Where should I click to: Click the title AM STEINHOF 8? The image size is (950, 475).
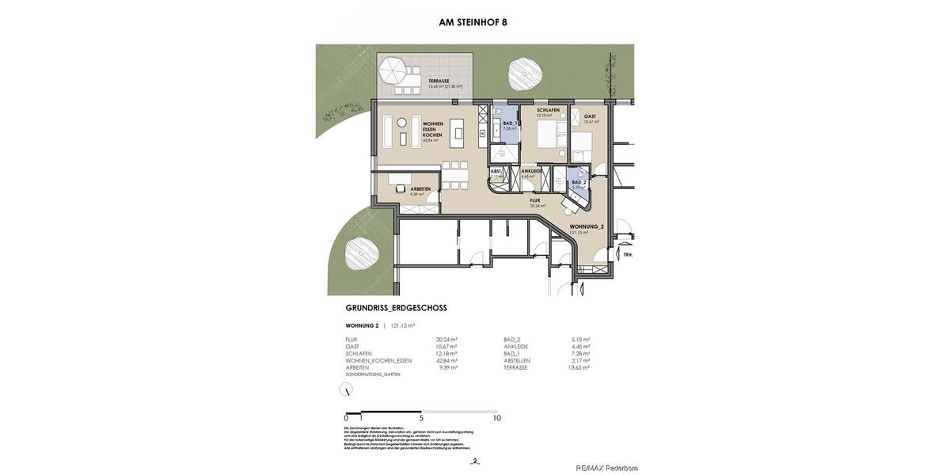pyautogui.click(x=473, y=22)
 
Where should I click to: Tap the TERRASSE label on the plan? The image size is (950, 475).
pyautogui.click(x=439, y=81)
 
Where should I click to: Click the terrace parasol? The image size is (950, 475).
pyautogui.click(x=392, y=71)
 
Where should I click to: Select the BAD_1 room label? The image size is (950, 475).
pyautogui.click(x=510, y=123)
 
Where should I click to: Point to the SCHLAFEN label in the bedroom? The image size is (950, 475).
pyautogui.click(x=548, y=110)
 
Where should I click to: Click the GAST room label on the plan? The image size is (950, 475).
pyautogui.click(x=590, y=116)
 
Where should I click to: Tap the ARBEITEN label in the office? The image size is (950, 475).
pyautogui.click(x=420, y=188)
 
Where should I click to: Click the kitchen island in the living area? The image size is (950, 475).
pyautogui.click(x=457, y=132)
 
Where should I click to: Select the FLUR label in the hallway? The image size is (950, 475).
pyautogui.click(x=535, y=200)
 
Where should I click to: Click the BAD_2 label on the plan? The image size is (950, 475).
pyautogui.click(x=579, y=182)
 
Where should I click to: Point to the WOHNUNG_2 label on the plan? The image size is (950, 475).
pyautogui.click(x=587, y=226)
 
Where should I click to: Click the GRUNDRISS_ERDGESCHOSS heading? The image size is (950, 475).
pyautogui.click(x=396, y=308)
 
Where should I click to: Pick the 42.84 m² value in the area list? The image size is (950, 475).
pyautogui.click(x=446, y=360)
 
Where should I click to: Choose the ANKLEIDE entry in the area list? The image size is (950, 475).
pyautogui.click(x=516, y=346)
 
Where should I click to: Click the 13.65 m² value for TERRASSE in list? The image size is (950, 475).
pyautogui.click(x=579, y=367)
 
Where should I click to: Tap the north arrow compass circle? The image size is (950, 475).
pyautogui.click(x=346, y=389)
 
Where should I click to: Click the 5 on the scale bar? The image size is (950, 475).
pyautogui.click(x=421, y=418)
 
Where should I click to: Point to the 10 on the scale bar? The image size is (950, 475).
pyautogui.click(x=496, y=418)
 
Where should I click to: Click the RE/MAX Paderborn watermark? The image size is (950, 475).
pyautogui.click(x=606, y=468)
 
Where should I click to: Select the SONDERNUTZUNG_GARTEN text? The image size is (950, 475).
pyautogui.click(x=373, y=374)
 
